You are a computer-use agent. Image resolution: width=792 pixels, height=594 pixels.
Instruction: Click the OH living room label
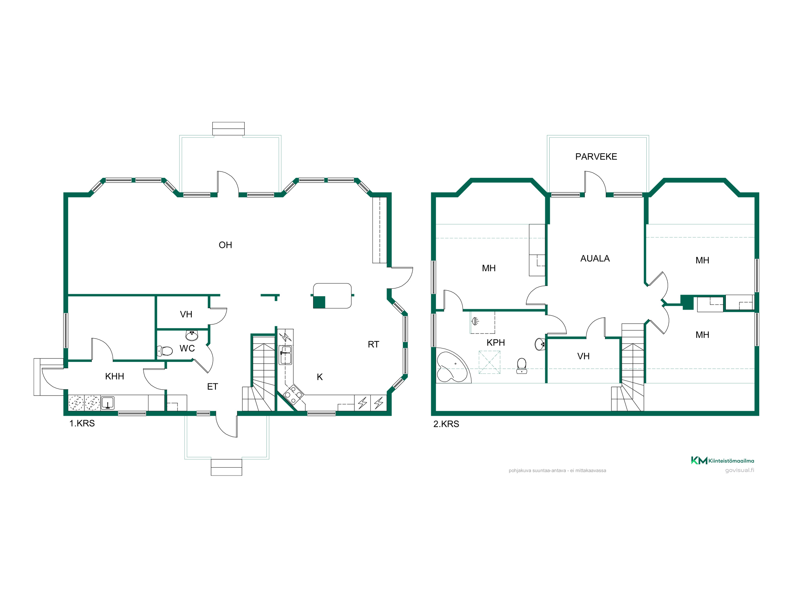(225, 245)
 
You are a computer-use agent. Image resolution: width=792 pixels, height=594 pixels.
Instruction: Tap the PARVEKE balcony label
(596, 157)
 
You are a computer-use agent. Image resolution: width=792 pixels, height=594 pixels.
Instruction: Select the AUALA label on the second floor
(595, 259)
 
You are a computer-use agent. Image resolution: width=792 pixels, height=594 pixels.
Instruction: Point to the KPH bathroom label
(496, 343)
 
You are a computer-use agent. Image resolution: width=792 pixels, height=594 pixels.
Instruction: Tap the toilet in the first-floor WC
(165, 351)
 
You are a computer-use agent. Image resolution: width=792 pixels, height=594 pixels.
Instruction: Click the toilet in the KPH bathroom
(522, 366)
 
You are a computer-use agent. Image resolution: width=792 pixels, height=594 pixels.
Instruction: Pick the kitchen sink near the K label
(286, 355)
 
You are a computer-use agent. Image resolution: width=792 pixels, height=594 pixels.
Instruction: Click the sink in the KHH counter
(108, 403)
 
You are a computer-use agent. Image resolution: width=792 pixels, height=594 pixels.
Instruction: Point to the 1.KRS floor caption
(82, 423)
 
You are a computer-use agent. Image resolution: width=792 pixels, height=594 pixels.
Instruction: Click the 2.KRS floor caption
(446, 424)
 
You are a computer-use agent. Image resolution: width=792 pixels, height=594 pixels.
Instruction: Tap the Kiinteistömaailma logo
(722, 461)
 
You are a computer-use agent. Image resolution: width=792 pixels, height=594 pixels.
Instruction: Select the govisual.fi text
(739, 470)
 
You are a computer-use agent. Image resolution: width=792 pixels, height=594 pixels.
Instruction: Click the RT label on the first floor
(373, 345)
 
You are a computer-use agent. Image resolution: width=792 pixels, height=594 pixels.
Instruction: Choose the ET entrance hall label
(213, 386)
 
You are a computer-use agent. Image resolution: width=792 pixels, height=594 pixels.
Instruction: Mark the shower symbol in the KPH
(475, 321)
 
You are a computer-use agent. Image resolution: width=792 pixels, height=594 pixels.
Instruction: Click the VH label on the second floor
(583, 356)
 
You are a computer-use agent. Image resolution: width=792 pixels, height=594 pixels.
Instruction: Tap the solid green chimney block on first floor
(319, 302)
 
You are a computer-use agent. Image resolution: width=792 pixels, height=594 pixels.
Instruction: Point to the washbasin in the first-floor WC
(192, 335)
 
